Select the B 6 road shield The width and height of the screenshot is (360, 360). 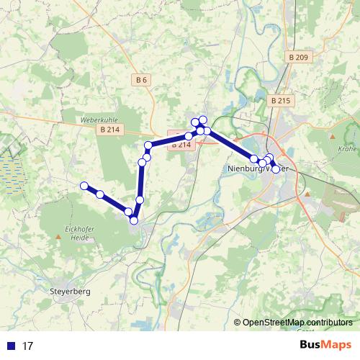point(141,81)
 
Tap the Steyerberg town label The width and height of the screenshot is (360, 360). point(71,292)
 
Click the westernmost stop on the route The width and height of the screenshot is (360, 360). point(84,186)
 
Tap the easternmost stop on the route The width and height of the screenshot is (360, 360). point(276,169)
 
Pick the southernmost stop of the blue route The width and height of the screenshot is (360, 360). point(134,220)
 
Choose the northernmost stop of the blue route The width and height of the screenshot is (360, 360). point(203,120)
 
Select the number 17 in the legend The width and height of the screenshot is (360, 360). point(28,346)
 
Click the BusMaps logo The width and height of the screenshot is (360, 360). point(325,345)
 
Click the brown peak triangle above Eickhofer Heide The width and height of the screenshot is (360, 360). point(57,235)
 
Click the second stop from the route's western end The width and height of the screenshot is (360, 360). point(100,194)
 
